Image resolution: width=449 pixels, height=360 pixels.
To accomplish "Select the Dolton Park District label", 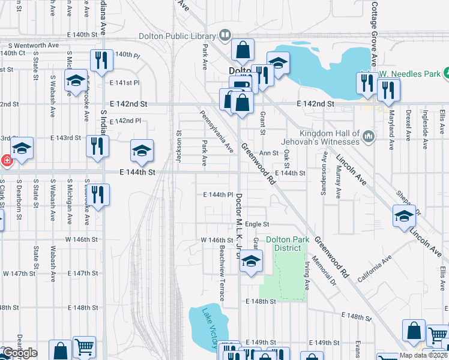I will (288, 244).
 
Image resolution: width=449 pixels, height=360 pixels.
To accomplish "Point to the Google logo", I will (19, 353).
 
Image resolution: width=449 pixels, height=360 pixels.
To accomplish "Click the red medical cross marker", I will (6, 161).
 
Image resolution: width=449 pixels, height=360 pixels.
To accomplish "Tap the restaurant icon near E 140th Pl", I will (100, 60).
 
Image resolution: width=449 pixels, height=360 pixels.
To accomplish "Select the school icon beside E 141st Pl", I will (76, 81).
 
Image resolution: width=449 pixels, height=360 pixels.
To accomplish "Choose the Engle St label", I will (256, 224).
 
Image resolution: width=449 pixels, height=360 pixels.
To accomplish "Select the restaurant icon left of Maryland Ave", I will (388, 90).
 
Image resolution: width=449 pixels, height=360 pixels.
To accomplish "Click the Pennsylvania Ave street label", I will (217, 131).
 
